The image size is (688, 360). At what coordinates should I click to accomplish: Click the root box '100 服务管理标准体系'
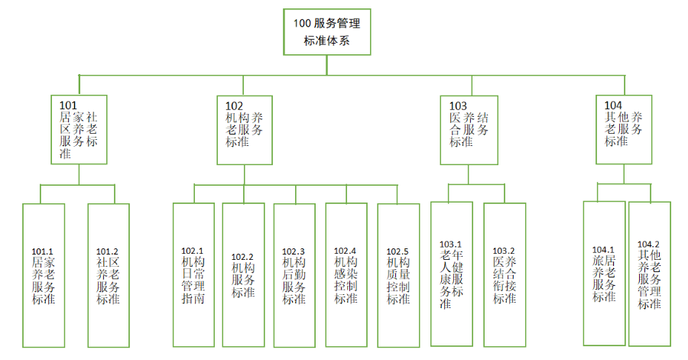[x=326, y=31]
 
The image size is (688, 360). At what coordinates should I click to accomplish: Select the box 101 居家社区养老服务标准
[x=79, y=130]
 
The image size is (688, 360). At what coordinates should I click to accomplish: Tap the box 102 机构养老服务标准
[x=245, y=130]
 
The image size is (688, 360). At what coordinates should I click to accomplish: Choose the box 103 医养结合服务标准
[x=469, y=130]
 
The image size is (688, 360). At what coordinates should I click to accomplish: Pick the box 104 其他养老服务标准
[x=624, y=130]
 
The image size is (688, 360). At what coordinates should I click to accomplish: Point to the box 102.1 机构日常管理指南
[x=193, y=275]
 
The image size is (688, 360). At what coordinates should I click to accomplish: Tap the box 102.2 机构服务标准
[x=243, y=275]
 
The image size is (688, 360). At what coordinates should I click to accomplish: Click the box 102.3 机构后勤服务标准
[x=294, y=275]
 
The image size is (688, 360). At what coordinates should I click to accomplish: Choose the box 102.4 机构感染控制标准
[x=346, y=275]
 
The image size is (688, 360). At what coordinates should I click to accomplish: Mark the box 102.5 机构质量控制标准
[x=398, y=275]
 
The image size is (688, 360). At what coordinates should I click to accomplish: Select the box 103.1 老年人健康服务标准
[x=451, y=275]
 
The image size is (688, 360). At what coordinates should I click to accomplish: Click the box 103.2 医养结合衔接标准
[x=504, y=275]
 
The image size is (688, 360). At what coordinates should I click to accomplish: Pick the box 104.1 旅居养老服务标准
[x=604, y=274]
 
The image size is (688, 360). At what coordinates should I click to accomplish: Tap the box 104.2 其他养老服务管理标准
[x=649, y=274]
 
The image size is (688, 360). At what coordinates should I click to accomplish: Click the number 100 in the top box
[x=302, y=23]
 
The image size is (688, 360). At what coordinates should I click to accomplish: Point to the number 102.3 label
[x=294, y=251]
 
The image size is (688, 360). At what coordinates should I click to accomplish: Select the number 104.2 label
[x=648, y=244]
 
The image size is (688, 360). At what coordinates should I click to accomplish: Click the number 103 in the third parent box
[x=458, y=105]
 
